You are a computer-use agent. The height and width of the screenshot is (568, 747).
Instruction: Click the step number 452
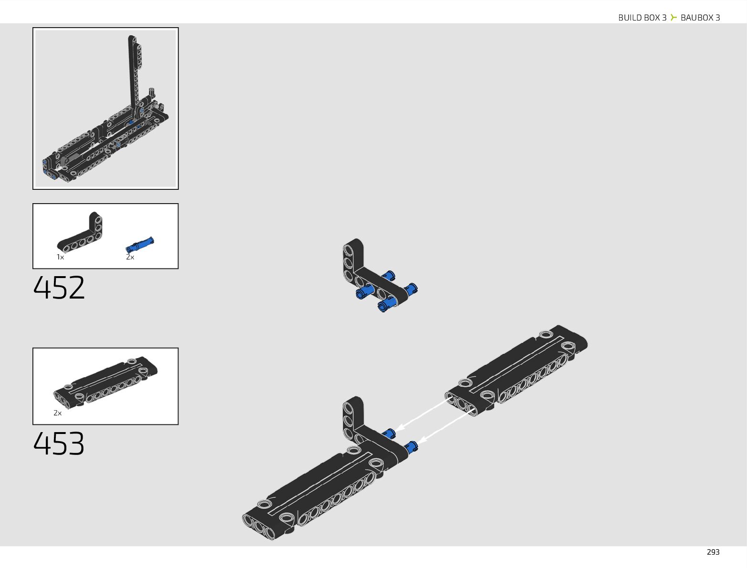click(x=59, y=287)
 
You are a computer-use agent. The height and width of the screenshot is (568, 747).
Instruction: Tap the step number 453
click(x=59, y=444)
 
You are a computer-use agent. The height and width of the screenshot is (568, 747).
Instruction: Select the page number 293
click(x=713, y=552)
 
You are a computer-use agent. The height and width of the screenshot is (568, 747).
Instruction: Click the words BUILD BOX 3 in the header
click(x=642, y=18)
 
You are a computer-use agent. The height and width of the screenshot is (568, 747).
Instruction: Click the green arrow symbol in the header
click(x=673, y=18)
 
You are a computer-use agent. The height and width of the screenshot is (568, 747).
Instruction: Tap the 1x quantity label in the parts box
click(x=60, y=257)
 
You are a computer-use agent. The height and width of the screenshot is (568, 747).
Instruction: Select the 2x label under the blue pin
click(x=130, y=257)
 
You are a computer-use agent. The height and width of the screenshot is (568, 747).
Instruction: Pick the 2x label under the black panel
click(x=57, y=413)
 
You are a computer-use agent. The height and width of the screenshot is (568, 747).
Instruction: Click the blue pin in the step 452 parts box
click(x=140, y=245)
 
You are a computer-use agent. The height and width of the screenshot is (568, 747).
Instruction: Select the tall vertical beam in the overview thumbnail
click(x=132, y=72)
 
